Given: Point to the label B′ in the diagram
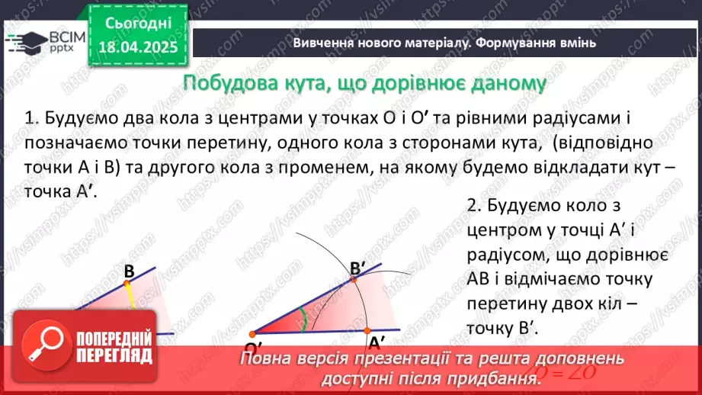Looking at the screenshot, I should [359, 268].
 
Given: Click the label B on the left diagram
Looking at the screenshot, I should [129, 271].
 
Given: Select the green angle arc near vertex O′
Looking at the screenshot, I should [303, 320].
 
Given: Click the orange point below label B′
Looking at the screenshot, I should [353, 280].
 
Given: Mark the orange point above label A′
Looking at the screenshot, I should [367, 330].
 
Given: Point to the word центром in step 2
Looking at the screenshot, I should [502, 230].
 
